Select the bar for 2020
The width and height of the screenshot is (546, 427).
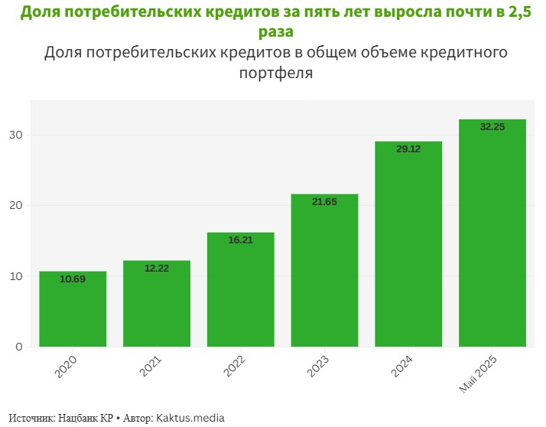(x=73, y=310)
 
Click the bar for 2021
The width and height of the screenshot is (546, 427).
(x=157, y=305)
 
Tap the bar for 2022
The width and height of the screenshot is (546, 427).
(x=241, y=291)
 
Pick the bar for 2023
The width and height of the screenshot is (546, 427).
(x=324, y=272)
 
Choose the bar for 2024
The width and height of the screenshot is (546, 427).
(x=408, y=245)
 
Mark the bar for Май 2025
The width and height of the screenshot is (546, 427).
(x=492, y=233)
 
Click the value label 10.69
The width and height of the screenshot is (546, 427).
(x=73, y=279)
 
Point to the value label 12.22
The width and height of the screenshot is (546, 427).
(x=157, y=269)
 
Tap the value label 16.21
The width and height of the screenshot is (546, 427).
(x=241, y=240)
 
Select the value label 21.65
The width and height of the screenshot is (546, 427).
(x=324, y=202)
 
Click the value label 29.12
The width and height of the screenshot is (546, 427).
(x=408, y=149)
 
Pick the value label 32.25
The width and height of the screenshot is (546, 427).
(x=492, y=127)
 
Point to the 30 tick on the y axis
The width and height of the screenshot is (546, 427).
(x=17, y=135)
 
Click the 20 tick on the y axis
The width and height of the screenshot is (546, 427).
(x=17, y=206)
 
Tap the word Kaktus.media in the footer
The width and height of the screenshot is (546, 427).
(x=191, y=418)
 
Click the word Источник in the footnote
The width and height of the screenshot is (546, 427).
(x=31, y=418)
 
